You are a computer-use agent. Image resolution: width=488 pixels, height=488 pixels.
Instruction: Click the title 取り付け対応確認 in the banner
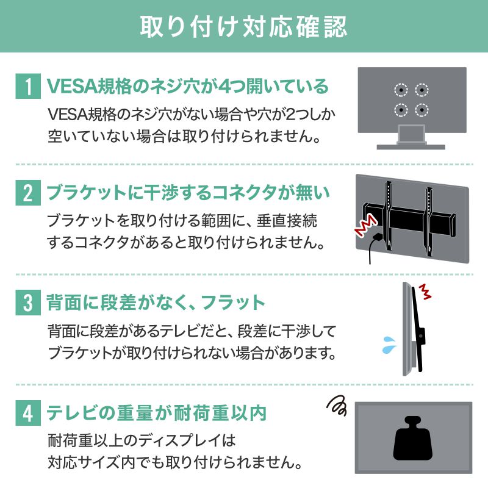point(244,26)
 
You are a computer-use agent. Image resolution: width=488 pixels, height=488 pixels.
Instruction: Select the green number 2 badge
point(26,195)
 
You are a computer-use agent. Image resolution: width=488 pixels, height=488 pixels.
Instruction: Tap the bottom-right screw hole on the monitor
point(421,110)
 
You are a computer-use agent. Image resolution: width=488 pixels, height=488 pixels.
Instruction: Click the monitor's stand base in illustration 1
point(412,146)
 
